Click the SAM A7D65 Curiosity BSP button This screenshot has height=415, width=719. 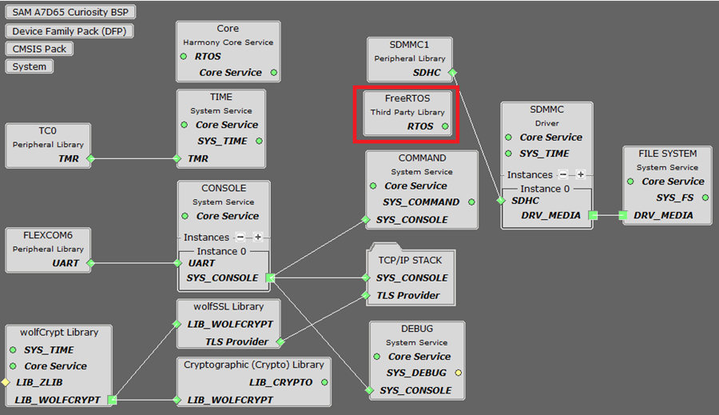click(x=70, y=13)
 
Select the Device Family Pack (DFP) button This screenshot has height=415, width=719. click(x=70, y=31)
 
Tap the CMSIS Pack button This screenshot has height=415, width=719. click(x=39, y=49)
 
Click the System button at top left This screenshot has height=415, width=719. click(x=30, y=66)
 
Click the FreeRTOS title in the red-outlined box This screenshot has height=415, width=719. click(x=407, y=98)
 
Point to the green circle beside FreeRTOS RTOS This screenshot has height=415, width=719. click(x=446, y=126)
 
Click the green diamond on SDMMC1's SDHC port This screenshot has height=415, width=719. click(x=452, y=73)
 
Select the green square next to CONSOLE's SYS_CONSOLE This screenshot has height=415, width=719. click(x=270, y=278)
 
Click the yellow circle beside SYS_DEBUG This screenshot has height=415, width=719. click(x=458, y=373)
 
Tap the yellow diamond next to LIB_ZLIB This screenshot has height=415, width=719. click(x=5, y=383)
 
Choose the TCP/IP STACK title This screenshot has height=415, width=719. click(x=410, y=260)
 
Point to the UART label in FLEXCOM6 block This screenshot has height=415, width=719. click(x=66, y=262)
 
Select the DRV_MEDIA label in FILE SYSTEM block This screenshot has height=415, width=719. click(x=663, y=215)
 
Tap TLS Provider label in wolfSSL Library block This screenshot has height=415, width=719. click(x=236, y=341)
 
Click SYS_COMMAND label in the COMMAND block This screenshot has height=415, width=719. click(x=421, y=202)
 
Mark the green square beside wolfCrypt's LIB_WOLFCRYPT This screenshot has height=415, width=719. click(x=113, y=400)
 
